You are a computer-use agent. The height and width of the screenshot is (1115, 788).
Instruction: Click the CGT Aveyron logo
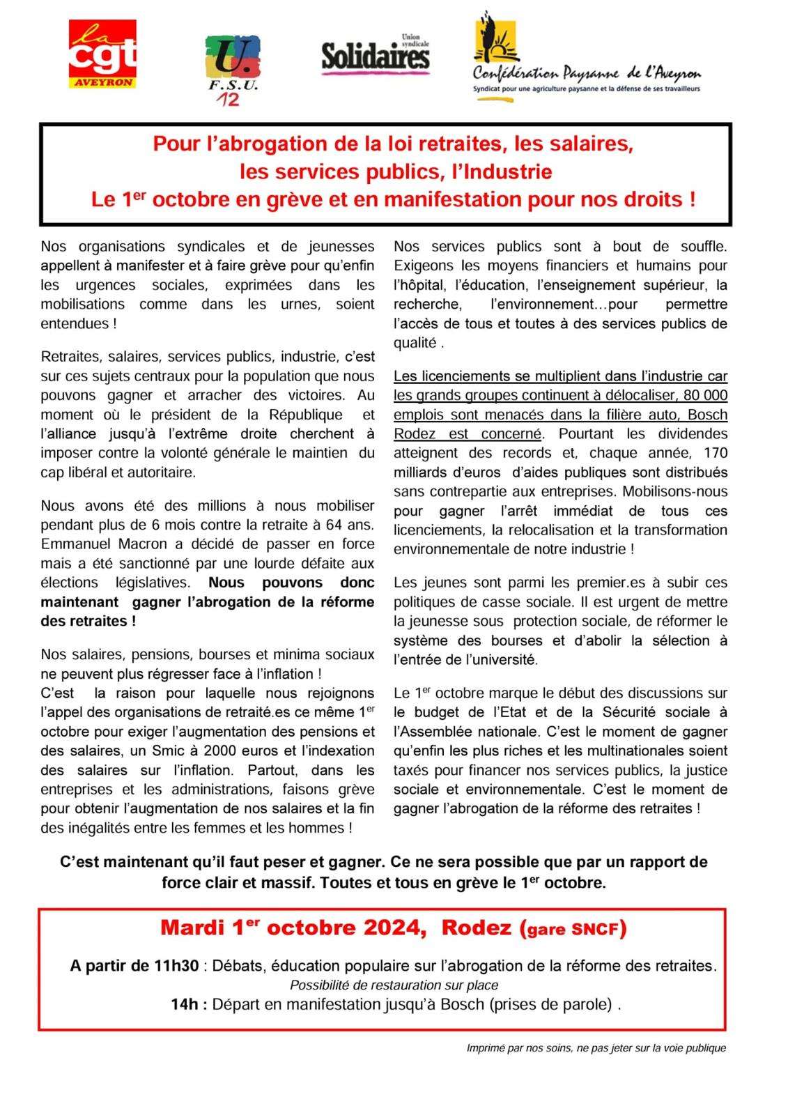pos(102,54)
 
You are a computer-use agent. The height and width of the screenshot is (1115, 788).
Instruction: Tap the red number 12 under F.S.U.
pos(227,100)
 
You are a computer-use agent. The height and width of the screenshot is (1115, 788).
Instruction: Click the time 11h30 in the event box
pos(176,966)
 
